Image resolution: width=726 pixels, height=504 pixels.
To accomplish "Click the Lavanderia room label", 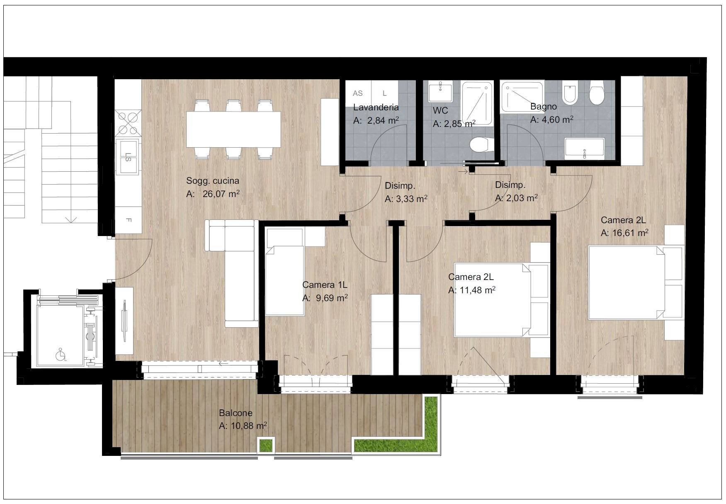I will (376, 107).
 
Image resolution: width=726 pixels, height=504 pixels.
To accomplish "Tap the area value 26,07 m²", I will (221, 194).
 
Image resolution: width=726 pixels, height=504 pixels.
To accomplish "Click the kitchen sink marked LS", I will (128, 157).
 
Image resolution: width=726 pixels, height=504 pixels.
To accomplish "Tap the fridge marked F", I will (128, 220).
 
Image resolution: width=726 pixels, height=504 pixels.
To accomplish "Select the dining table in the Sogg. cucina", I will (233, 129).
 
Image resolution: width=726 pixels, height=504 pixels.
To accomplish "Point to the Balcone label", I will (236, 413).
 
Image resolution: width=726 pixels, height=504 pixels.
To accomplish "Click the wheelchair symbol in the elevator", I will (61, 355).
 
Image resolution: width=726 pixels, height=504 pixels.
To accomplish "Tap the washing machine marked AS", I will (358, 94).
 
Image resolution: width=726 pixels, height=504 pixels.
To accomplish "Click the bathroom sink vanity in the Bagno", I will (585, 148).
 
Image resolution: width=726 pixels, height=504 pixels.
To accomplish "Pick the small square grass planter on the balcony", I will (266, 446).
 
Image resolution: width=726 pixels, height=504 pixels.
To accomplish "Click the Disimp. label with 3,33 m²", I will (400, 186).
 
